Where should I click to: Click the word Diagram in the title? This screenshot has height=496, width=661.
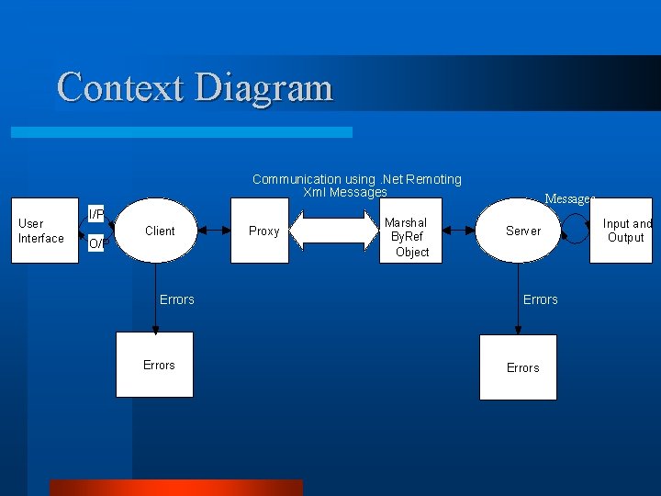pos(263,88)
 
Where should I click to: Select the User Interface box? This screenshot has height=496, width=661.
pos(44,231)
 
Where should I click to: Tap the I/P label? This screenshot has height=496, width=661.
pos(95,214)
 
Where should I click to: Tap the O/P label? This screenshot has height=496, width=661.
pos(95,244)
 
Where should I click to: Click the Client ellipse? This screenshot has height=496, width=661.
pos(159,231)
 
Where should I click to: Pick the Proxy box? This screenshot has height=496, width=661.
pos(263,231)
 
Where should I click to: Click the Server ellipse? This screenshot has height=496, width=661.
pos(522,231)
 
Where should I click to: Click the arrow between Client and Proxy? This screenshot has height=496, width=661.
pos(215,231)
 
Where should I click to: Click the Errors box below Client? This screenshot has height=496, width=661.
pos(155,365)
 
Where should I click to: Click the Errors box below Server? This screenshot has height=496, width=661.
pos(519,367)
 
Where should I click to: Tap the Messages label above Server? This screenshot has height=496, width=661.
pos(569,198)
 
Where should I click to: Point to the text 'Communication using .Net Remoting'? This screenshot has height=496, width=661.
pos(356,179)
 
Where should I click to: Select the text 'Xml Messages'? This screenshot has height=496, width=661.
pos(345,192)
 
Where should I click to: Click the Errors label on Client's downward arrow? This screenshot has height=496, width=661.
pos(176,299)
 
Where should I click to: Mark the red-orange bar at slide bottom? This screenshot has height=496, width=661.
pos(175,487)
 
